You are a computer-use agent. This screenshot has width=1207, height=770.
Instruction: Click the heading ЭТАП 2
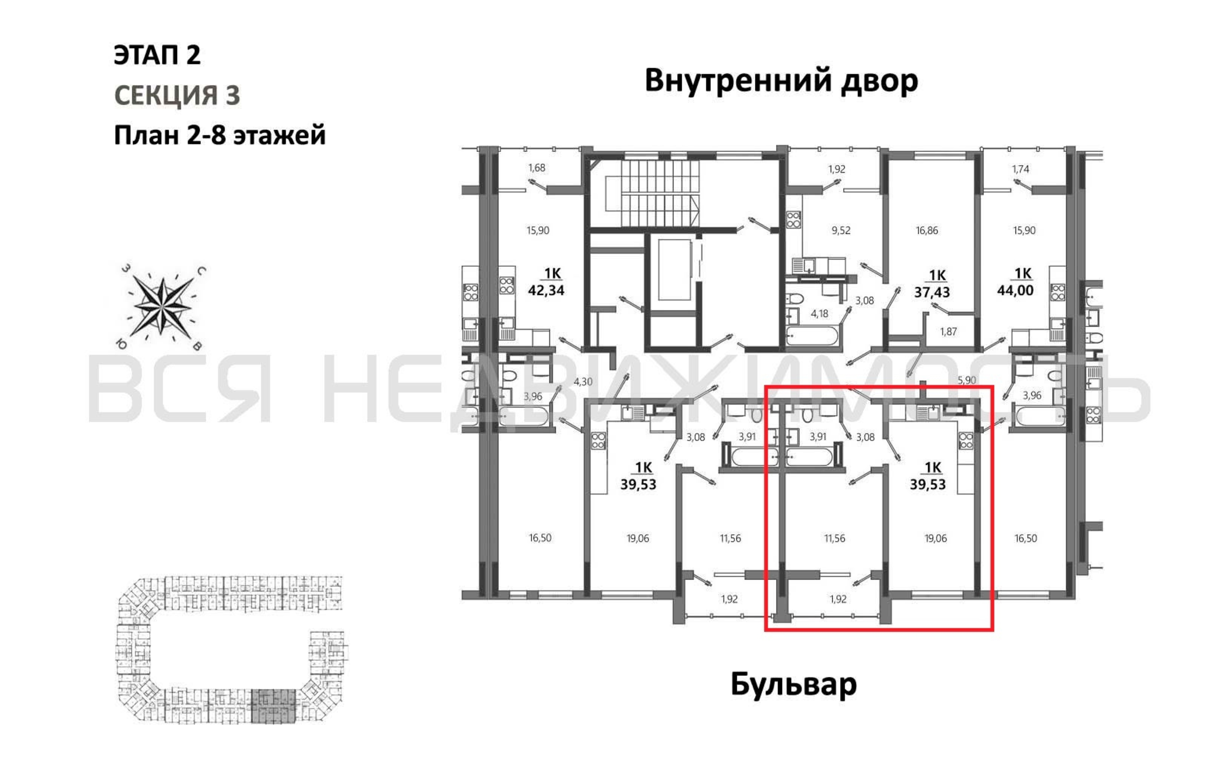pyautogui.click(x=157, y=55)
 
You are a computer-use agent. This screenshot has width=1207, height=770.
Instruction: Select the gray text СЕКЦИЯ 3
pyautogui.click(x=177, y=95)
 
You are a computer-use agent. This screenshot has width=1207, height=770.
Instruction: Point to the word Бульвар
pyautogui.click(x=793, y=684)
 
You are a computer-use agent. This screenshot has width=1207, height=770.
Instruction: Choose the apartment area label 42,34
pyautogui.click(x=546, y=290)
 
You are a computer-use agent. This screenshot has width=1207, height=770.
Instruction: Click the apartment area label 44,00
pyautogui.click(x=1015, y=290)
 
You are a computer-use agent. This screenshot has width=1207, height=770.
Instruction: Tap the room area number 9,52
pyautogui.click(x=841, y=231)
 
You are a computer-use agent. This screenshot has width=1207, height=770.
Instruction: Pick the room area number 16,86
pyautogui.click(x=926, y=231)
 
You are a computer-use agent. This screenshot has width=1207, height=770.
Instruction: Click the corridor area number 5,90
pyautogui.click(x=967, y=380)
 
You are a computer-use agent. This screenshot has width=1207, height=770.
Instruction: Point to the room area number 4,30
pyautogui.click(x=583, y=382)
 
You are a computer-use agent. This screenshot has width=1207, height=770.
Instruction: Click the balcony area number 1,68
pyautogui.click(x=536, y=168)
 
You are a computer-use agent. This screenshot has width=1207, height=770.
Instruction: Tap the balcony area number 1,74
pyautogui.click(x=1020, y=169)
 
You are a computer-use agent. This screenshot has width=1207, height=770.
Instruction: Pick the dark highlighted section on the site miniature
pyautogui.click(x=273, y=706)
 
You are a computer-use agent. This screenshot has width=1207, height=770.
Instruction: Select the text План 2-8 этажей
pyautogui.click(x=220, y=136)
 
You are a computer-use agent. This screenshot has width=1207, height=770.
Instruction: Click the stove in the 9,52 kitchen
pyautogui.click(x=793, y=220)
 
